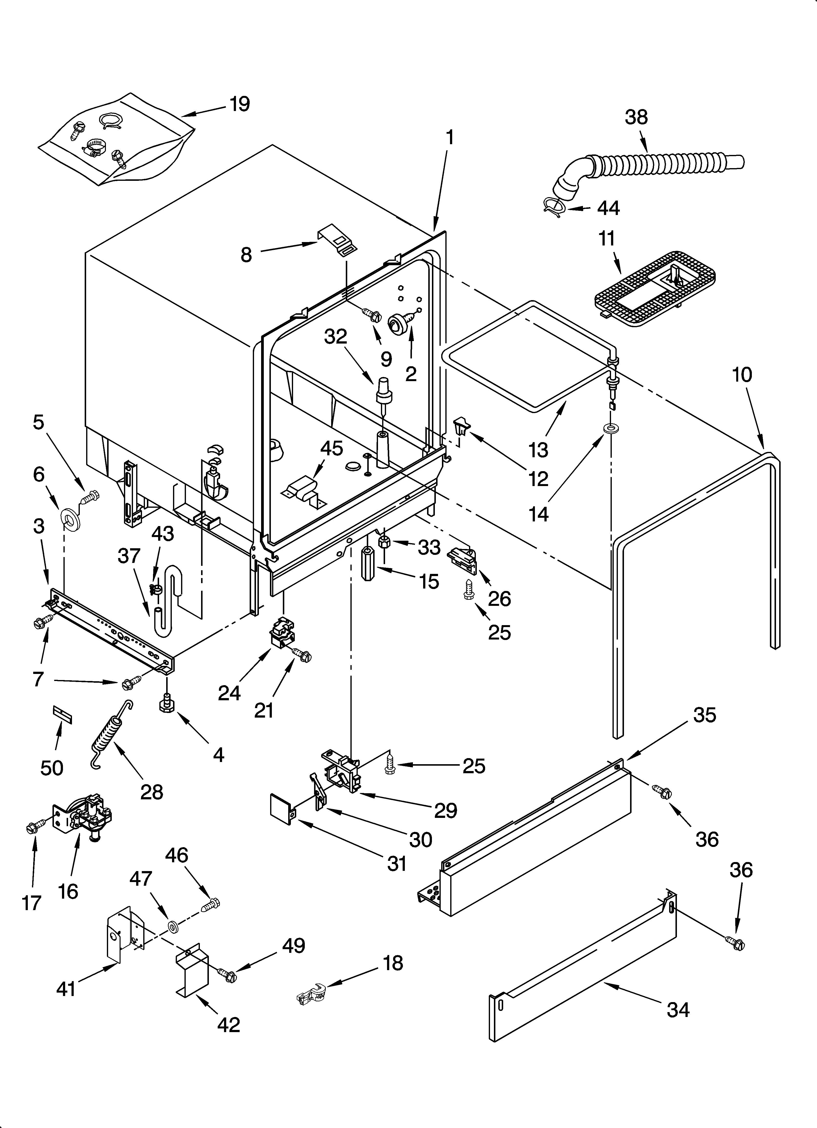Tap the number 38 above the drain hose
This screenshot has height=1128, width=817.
coord(636,117)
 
